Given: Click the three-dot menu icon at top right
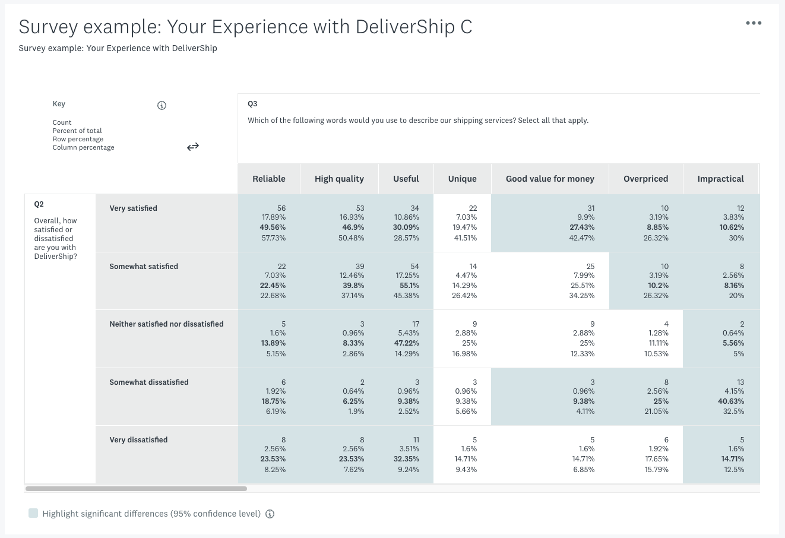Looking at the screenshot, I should pos(753,23).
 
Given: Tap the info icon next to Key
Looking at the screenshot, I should pos(162,106).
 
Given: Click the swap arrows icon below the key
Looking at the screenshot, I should pos(193,147).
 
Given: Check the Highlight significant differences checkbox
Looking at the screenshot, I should pos(33,513).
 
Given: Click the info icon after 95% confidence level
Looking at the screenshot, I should pos(270,514).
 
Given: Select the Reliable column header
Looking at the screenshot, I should pos(268,179).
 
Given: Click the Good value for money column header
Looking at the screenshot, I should pos(550,179).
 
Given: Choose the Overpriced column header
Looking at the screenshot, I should pos(645,179).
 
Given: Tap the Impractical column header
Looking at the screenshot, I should pos(720,179).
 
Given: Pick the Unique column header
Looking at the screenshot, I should pos(462,179).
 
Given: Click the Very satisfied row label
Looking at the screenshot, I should pos(134,208).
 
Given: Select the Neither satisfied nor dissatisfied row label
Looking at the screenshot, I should pos(166,324).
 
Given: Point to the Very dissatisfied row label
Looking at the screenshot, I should pos(138,440).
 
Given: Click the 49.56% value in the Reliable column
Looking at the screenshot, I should pos(273,227).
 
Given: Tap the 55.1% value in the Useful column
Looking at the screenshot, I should pos(409,286).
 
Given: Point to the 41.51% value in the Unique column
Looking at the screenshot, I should pos(464,238).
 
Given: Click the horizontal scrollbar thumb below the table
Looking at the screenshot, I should pos(136,489).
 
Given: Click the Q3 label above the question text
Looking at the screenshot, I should pos(252,104).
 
